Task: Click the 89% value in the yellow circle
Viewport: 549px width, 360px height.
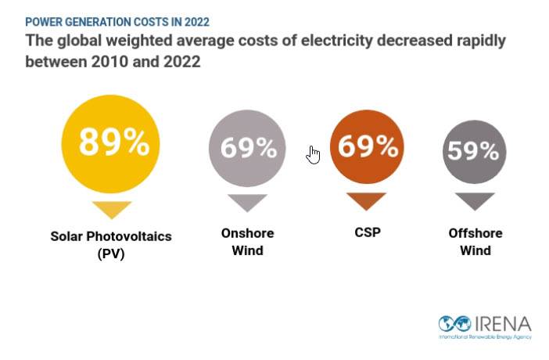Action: (x=113, y=142)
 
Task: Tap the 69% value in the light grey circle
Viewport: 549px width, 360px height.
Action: (x=248, y=147)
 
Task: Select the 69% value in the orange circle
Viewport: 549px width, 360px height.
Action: (x=368, y=146)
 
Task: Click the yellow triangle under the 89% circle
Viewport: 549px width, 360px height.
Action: (x=112, y=209)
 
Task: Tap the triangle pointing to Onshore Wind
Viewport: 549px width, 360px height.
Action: (x=247, y=203)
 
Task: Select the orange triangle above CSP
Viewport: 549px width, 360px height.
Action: (x=367, y=201)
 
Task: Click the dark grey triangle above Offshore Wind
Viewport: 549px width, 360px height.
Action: (x=475, y=201)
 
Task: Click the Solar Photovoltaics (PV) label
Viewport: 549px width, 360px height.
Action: (x=110, y=244)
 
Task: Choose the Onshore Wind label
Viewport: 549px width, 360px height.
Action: (x=247, y=242)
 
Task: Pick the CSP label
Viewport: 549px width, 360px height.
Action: (x=368, y=233)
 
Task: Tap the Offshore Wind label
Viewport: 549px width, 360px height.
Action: (x=475, y=242)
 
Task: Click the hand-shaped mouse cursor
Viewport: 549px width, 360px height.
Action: (x=314, y=154)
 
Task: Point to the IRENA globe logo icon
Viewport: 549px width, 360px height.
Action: (x=454, y=323)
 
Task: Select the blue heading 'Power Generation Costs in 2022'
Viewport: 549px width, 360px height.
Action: (x=117, y=22)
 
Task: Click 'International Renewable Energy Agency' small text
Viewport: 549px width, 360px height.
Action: (x=485, y=337)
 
